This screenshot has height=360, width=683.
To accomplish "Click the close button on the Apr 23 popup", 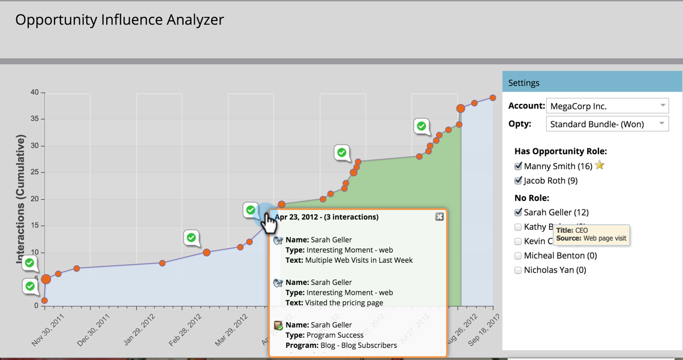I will tap(440, 217).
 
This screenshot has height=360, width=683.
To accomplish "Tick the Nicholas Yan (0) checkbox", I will tap(518, 271).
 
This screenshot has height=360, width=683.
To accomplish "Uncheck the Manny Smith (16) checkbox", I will tap(518, 166).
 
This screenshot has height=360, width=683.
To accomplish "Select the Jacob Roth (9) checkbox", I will tap(518, 181).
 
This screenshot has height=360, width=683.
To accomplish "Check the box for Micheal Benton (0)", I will tap(518, 256).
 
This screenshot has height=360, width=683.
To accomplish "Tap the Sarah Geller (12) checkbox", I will tap(518, 212).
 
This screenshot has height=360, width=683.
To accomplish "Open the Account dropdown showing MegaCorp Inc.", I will tap(607, 106).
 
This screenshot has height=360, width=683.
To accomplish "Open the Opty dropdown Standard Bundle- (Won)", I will tap(607, 124).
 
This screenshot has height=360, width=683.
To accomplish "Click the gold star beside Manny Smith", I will tap(600, 166).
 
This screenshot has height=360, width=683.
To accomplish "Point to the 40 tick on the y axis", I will tap(34, 92).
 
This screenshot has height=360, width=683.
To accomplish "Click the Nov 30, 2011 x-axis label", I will tap(48, 331).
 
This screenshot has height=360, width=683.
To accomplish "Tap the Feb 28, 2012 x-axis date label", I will tap(185, 331).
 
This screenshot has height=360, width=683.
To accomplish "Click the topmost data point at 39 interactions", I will tap(493, 98).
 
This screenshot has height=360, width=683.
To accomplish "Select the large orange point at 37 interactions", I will tap(461, 109).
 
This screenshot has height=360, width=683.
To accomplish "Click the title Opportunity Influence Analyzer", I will tap(119, 20).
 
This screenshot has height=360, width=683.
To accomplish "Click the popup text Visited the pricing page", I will tap(344, 303).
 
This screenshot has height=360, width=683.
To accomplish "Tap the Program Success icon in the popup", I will tap(278, 326).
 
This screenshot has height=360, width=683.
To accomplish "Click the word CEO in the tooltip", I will tap(581, 230).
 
